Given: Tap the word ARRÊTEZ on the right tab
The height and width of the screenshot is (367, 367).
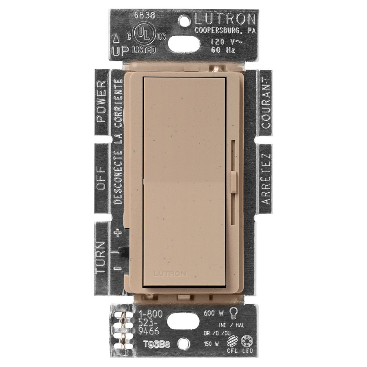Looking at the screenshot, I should click(265, 179).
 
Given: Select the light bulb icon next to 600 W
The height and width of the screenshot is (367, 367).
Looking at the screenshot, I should click(233, 313).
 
